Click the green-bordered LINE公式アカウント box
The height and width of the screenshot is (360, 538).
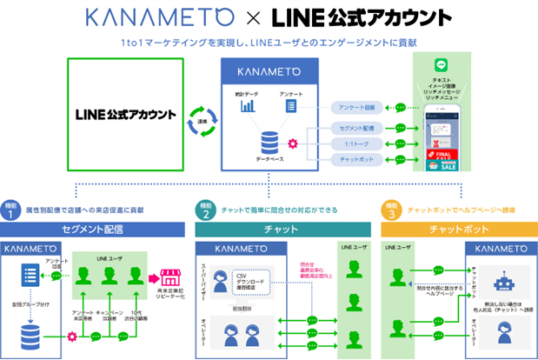tap(125, 114)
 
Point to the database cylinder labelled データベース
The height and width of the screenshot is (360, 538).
tap(268, 140)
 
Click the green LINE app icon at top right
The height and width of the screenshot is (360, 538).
tap(442, 67)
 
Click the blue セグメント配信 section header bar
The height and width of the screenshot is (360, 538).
tap(93, 230)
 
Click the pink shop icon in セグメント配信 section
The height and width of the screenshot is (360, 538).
tap(169, 279)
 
